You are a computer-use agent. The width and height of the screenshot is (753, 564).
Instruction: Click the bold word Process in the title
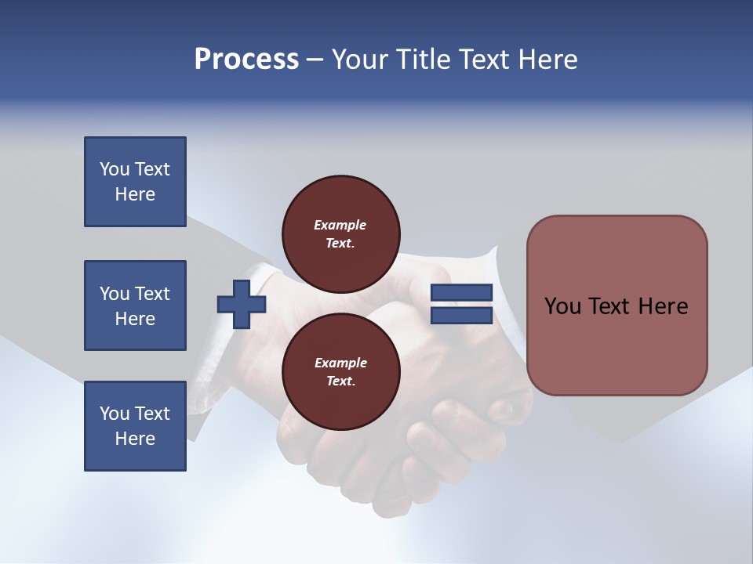click(x=246, y=59)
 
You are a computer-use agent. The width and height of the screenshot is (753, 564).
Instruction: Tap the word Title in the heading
click(x=424, y=59)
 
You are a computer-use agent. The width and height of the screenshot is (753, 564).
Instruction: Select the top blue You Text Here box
click(x=135, y=182)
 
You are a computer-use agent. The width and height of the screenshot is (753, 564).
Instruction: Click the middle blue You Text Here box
click(x=135, y=305)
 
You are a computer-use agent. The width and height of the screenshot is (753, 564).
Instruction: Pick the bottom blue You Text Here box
click(x=135, y=426)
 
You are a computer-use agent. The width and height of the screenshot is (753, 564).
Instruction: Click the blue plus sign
click(x=242, y=305)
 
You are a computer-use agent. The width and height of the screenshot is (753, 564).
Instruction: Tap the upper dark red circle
click(x=340, y=233)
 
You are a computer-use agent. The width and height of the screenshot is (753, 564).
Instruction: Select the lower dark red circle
click(x=340, y=371)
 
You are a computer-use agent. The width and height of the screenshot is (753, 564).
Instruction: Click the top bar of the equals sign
click(x=461, y=293)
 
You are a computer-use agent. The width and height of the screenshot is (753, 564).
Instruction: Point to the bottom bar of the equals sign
click(x=461, y=315)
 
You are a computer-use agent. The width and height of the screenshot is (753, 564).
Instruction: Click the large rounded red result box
click(x=617, y=305)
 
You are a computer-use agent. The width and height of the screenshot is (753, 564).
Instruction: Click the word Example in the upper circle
click(x=340, y=225)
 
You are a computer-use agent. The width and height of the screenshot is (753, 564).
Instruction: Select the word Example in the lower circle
click(x=340, y=363)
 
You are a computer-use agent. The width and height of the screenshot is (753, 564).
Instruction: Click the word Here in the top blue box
click(x=135, y=194)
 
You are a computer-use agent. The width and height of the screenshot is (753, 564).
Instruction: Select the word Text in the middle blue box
click(x=152, y=294)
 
